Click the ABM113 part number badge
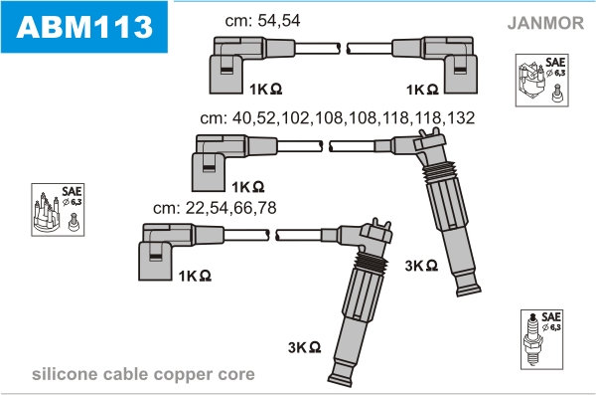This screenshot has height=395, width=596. coord(84,27)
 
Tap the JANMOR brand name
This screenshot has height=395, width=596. coord(545,23)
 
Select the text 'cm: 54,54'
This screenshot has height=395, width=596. coord(262,21)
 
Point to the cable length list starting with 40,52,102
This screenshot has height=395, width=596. coord(338,118)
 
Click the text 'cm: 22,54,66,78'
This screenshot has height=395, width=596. coord(215,208)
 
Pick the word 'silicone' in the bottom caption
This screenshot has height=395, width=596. coord(65,374)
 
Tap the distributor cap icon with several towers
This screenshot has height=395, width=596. coord(58,210)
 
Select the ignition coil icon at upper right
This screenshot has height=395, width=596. coord(542,80)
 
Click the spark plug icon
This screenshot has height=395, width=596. coord(541,339)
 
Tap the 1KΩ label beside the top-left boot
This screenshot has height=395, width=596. coord(265,90)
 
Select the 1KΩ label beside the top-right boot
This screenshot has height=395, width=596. coord(422,90)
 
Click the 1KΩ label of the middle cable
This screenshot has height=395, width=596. coord(247,187)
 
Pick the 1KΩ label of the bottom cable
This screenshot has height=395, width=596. coord(195,276)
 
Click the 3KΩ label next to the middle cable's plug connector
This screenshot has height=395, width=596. coord(421,266)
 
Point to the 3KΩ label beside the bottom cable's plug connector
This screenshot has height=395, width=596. coord(305,347)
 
